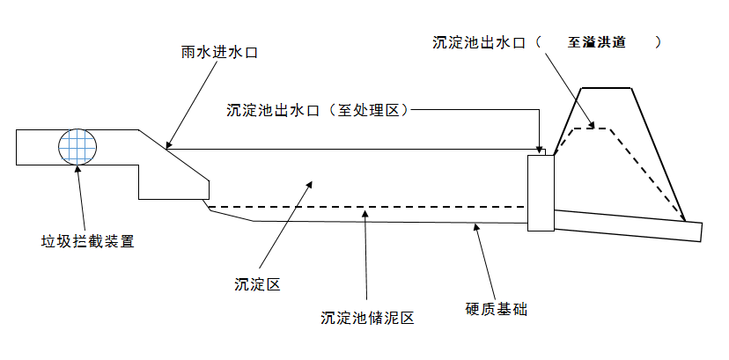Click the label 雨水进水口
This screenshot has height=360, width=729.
pyautogui.click(x=213, y=52)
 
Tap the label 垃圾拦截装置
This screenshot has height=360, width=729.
pyautogui.click(x=88, y=240)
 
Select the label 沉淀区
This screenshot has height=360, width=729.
pyautogui.click(x=257, y=283)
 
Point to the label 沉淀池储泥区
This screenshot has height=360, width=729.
pyautogui.click(x=367, y=317)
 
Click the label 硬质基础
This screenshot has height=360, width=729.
pyautogui.click(x=496, y=309)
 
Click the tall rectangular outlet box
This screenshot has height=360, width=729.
pyautogui.click(x=541, y=193)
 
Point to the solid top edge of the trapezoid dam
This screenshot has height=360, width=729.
pyautogui.click(x=605, y=89)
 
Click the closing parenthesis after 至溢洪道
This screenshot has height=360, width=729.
pyautogui.click(x=659, y=41)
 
